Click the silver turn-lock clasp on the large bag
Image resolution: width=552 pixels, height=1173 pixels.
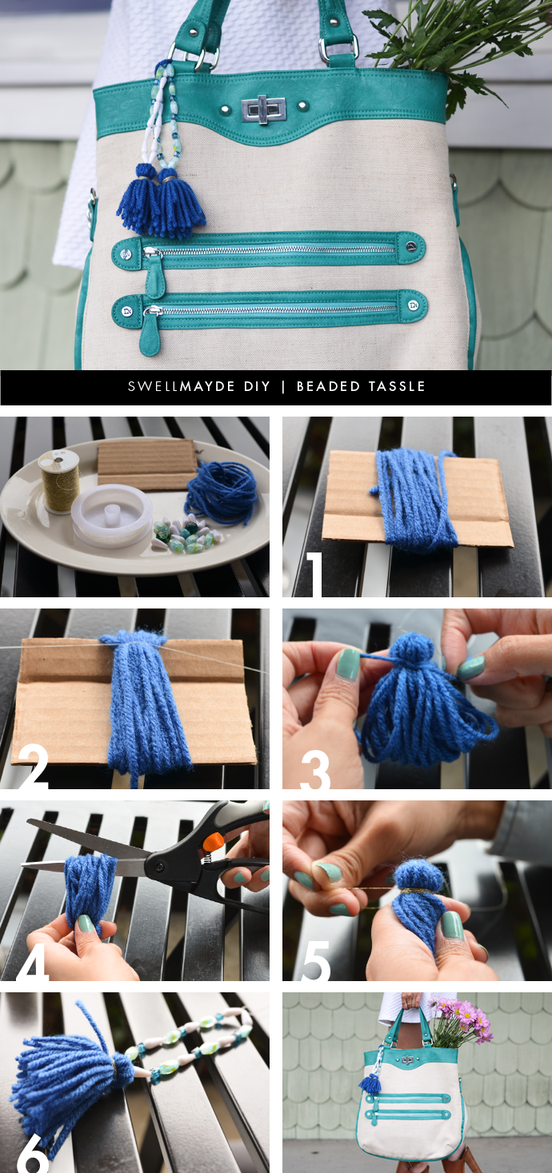(263, 110)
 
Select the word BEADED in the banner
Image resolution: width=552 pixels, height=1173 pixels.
(328, 386)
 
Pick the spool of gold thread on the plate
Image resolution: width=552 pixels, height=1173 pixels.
(58, 481)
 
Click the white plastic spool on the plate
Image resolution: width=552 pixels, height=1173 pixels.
(111, 516)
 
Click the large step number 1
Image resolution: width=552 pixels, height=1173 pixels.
(314, 575)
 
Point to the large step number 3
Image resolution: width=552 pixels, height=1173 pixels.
(314, 769)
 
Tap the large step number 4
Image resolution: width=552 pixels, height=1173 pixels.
(33, 961)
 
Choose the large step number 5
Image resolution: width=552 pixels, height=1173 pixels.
(314, 960)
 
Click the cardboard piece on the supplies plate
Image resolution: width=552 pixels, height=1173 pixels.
(147, 465)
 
